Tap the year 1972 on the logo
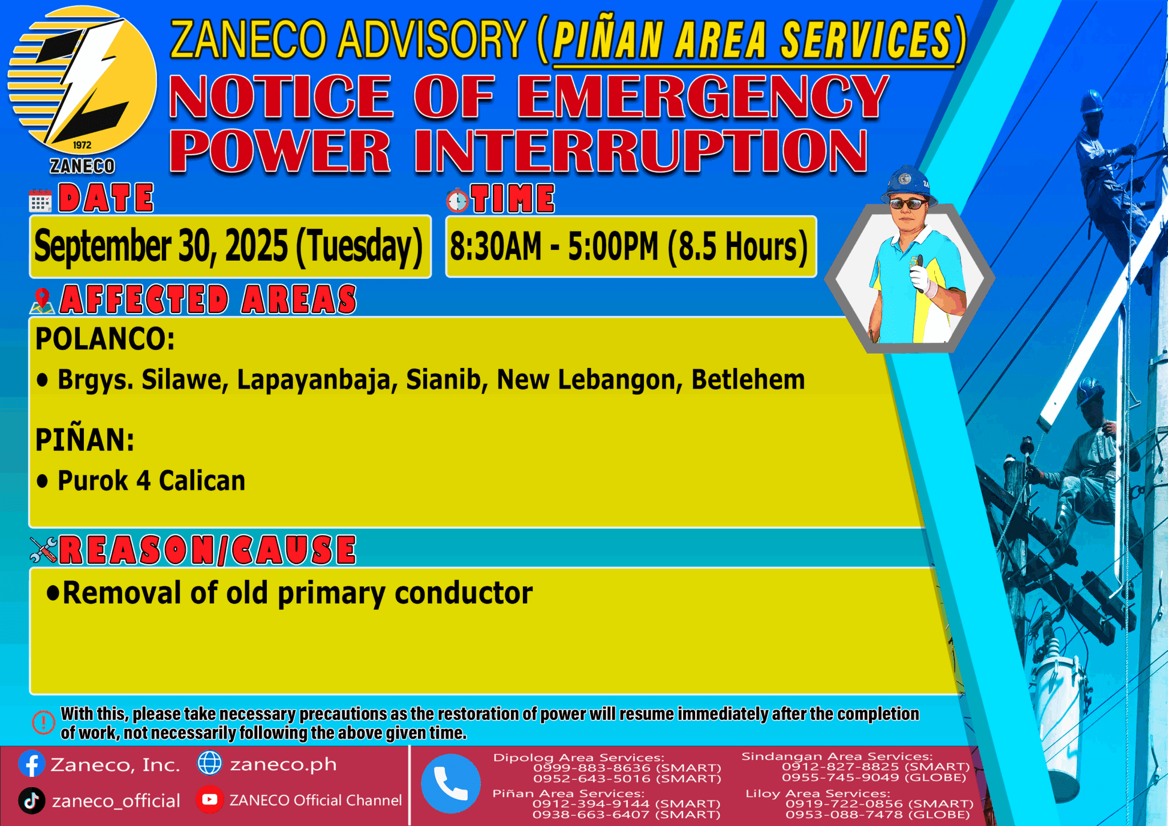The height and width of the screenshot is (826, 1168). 82,145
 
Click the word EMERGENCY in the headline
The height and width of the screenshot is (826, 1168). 702,97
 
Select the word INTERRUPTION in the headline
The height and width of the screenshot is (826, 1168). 640,151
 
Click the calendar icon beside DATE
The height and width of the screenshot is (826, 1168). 40,201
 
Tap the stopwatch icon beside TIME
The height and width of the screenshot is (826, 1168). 457,200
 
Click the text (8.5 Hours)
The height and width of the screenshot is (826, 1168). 738,246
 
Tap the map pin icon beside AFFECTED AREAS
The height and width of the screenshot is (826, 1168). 42,301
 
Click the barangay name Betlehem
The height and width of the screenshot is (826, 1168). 748,380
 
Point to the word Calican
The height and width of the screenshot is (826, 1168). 202,481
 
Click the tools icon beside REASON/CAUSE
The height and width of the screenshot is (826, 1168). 43,550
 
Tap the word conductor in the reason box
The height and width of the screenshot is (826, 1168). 464,593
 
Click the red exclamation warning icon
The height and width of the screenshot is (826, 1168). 43,722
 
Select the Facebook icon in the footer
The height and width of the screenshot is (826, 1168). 32,764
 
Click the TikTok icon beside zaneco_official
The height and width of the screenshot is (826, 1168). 32,800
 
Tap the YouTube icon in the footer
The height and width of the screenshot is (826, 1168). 209,800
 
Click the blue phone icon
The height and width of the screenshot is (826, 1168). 451,783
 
